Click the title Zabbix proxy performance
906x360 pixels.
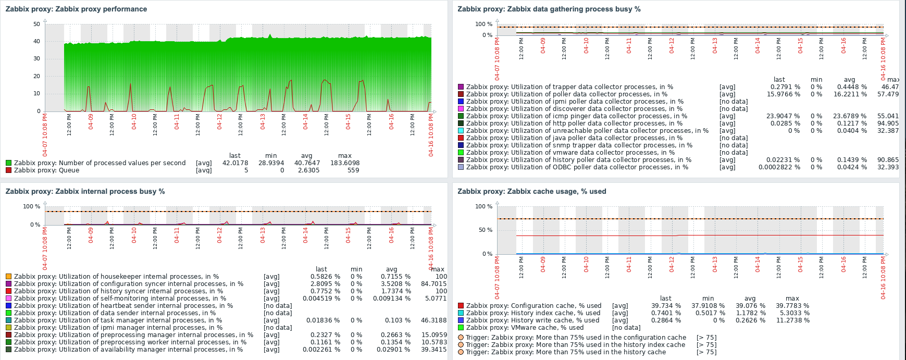[76, 9]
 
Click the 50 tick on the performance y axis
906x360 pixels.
[36, 24]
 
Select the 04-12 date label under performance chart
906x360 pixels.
[219, 121]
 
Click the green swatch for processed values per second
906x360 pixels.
[8, 163]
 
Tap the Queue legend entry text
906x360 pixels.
[46, 170]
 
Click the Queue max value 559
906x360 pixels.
[353, 170]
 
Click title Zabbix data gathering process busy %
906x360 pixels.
[549, 9]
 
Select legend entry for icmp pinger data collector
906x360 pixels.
[576, 116]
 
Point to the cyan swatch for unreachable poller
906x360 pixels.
[461, 131]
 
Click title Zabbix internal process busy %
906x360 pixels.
[85, 191]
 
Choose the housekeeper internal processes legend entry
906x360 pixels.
[116, 277]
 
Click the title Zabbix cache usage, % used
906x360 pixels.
[532, 191]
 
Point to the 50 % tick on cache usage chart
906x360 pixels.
[485, 230]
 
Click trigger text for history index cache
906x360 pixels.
[575, 345]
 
